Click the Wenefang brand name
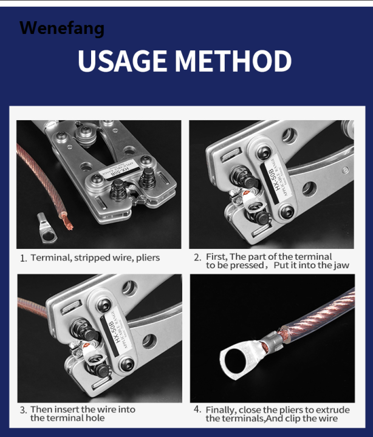point(61,28)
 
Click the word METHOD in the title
point(242,61)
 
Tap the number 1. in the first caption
point(23,258)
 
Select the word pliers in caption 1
point(146,258)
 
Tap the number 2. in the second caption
point(197,257)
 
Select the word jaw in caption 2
point(341,266)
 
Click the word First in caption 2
point(216,257)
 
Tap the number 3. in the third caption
point(23,410)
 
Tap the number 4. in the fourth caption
point(197,410)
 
